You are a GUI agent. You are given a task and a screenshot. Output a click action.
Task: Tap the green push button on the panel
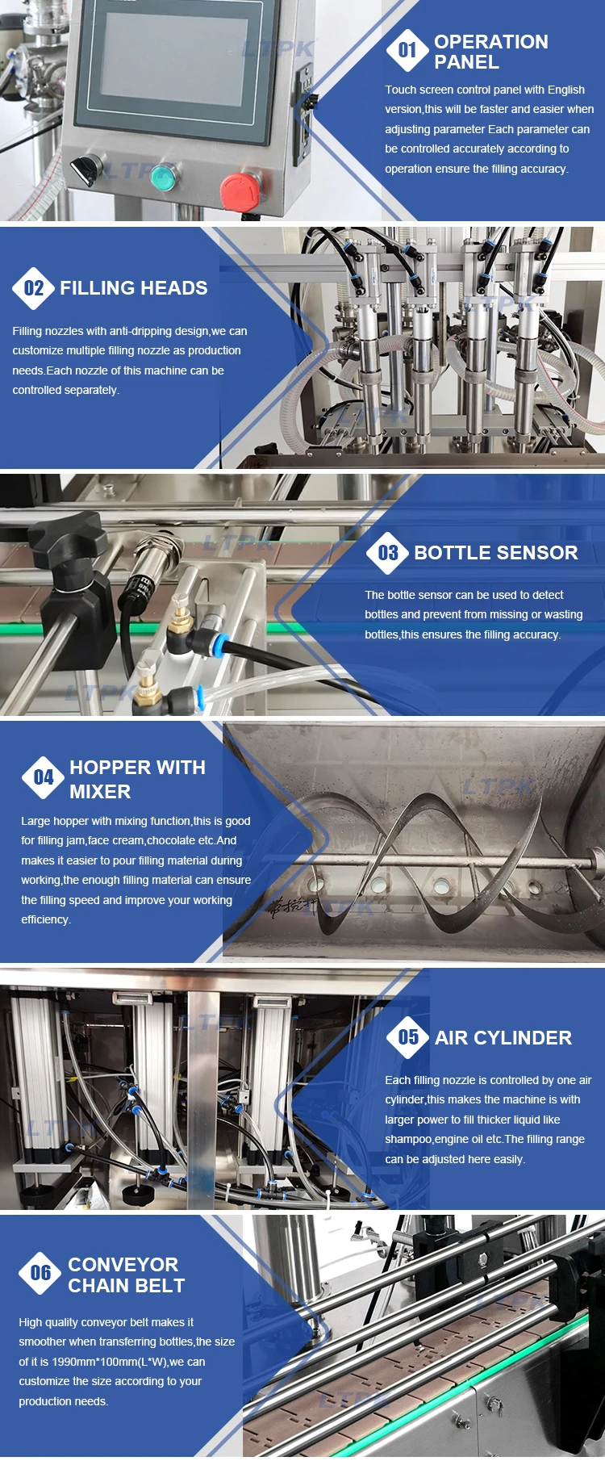164,176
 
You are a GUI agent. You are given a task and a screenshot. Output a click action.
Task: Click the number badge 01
407,51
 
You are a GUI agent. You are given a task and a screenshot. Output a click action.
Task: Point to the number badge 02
34,288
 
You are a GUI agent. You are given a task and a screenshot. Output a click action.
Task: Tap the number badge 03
388,553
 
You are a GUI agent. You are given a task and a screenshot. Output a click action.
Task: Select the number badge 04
44,777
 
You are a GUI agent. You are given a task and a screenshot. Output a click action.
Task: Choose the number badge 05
408,1037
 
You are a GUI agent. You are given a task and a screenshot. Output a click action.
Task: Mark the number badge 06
40,1273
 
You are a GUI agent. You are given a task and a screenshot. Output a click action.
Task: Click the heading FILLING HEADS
134,288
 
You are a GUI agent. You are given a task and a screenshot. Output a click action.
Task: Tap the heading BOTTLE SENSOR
496,553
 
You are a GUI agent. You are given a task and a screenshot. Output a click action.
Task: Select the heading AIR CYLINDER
503,1038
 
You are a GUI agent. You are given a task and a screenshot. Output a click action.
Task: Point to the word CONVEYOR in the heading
123,1265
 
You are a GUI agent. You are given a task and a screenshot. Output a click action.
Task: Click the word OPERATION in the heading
491,42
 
